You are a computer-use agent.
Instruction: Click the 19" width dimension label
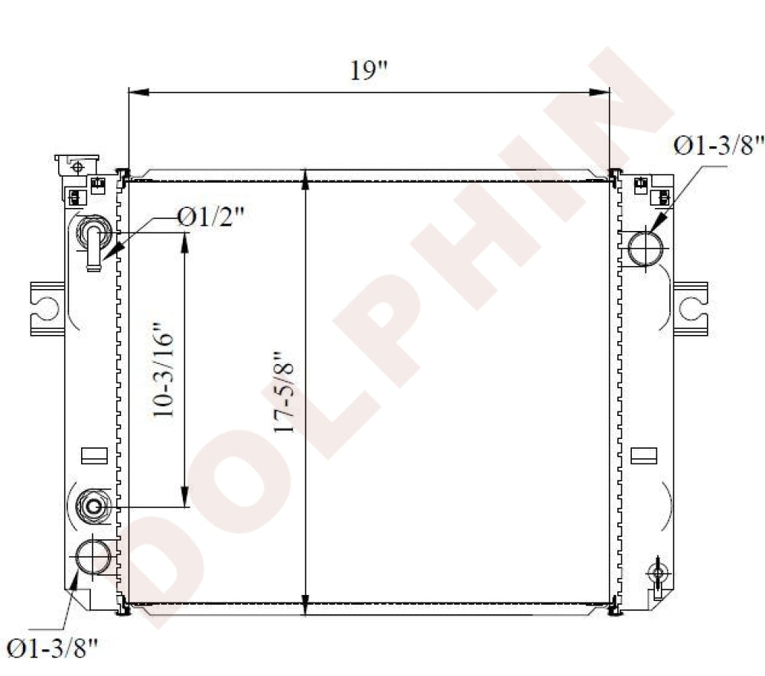(x=369, y=70)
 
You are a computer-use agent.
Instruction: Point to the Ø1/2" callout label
(x=210, y=217)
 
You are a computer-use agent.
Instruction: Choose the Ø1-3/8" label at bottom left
(x=53, y=648)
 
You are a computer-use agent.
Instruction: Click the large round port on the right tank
(x=647, y=247)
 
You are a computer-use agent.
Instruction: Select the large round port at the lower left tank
(x=93, y=556)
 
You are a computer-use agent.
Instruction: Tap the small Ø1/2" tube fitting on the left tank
(x=93, y=239)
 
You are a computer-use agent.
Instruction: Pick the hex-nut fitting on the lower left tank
(x=94, y=505)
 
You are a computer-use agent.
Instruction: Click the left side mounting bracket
(x=46, y=308)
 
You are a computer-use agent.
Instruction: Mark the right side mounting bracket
(x=691, y=308)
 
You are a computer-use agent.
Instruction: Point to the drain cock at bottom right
(x=657, y=574)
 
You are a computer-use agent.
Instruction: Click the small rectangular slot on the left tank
(x=94, y=456)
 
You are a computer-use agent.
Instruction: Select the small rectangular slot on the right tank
(x=643, y=456)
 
